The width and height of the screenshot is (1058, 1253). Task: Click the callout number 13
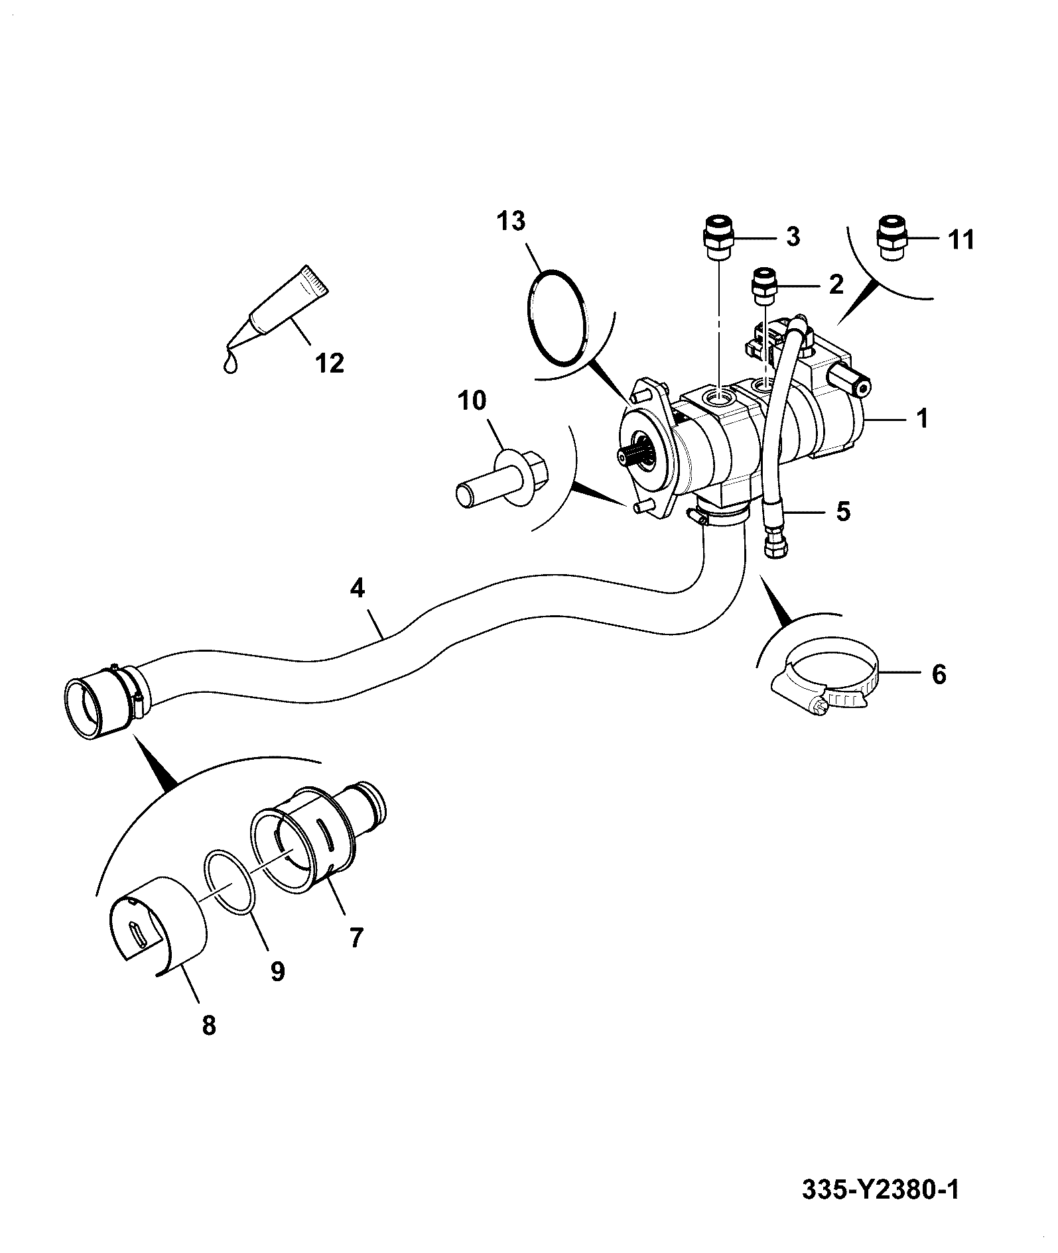(511, 221)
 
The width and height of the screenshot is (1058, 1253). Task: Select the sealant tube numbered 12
(289, 305)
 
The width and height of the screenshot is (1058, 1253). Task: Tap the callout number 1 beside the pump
(921, 419)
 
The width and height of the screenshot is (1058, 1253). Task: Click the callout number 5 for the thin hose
(842, 512)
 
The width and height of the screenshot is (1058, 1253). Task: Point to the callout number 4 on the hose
(358, 588)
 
